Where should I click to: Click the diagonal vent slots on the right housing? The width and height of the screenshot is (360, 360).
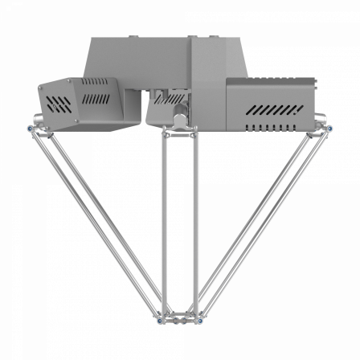point(273,108)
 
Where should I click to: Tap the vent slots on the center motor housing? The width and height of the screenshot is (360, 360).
point(168,100)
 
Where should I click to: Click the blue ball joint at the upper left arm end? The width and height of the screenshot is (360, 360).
point(31,128)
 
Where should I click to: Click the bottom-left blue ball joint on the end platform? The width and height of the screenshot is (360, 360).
point(161,321)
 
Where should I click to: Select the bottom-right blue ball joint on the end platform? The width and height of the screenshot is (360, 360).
point(198,321)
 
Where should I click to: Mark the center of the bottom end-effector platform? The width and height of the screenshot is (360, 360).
point(179,319)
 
